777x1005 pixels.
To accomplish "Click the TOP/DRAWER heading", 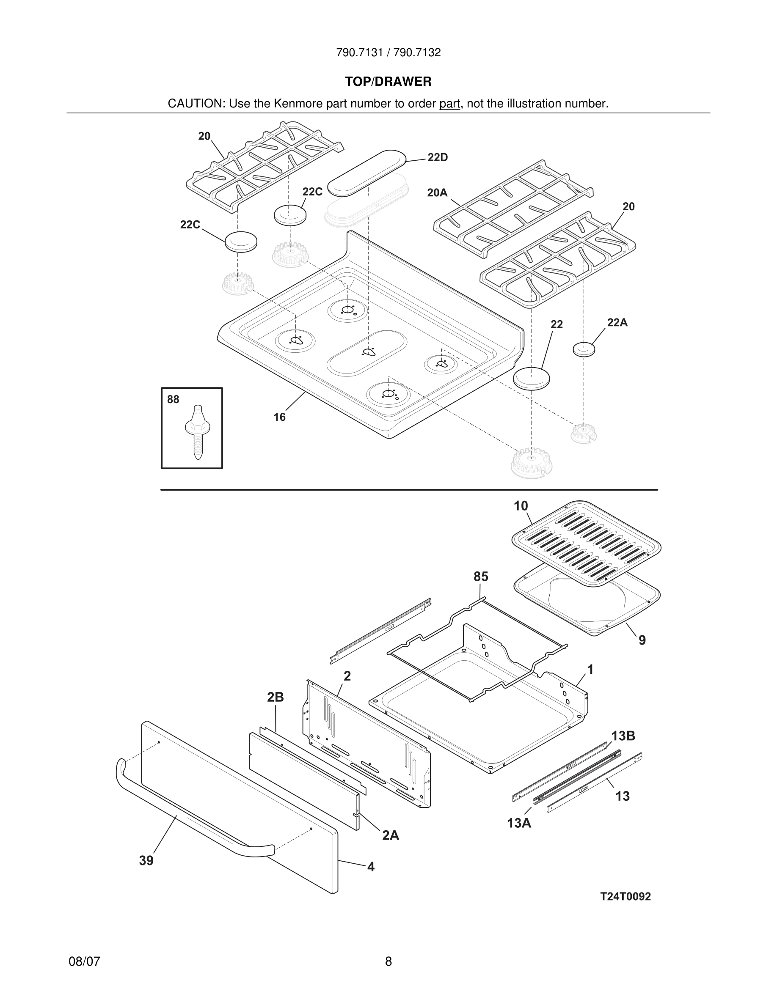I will click(x=388, y=82).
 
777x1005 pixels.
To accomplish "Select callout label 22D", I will click(x=437, y=157).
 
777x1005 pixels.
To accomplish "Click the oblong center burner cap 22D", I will click(x=367, y=173).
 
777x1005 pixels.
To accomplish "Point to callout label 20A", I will click(x=437, y=193).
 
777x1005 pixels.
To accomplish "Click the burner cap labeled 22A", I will click(x=584, y=349).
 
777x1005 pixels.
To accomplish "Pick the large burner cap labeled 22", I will click(x=532, y=378).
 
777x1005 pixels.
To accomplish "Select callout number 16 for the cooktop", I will click(x=279, y=417).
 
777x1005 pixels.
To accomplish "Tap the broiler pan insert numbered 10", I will click(x=587, y=544).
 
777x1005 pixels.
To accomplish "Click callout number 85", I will click(x=481, y=577).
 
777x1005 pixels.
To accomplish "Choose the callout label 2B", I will click(x=275, y=697).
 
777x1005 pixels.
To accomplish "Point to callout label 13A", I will click(x=519, y=823).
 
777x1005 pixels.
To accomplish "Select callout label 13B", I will click(x=623, y=736).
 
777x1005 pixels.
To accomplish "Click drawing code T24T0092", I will click(x=625, y=896).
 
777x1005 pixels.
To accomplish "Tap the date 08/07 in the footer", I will click(x=84, y=961).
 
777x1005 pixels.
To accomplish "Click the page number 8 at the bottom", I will click(x=388, y=961).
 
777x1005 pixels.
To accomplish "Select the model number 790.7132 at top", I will click(x=417, y=53).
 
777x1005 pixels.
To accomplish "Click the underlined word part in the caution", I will click(x=449, y=104).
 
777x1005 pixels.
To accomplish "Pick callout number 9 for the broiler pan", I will click(x=642, y=640).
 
